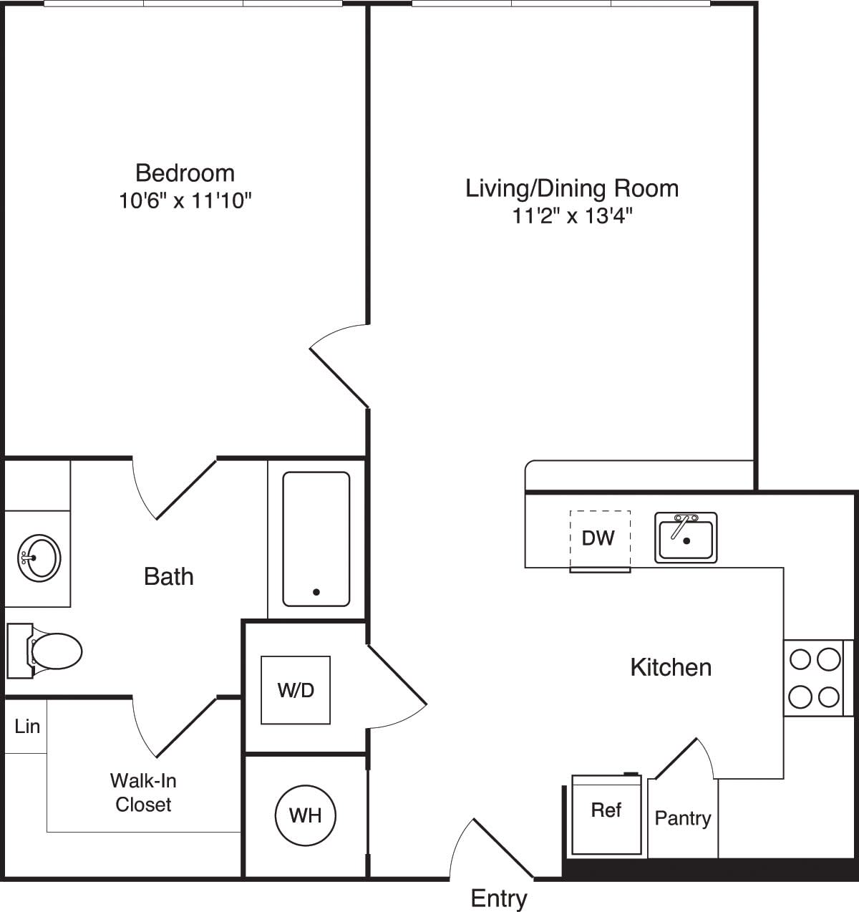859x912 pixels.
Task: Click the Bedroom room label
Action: pos(185,173)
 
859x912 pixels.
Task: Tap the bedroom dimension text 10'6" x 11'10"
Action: pos(185,200)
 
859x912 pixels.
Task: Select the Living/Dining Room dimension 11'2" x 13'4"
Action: pos(572,215)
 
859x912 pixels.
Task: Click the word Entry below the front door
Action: pos(499,898)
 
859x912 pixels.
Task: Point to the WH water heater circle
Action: pos(306,815)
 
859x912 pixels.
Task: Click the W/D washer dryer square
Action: pos(296,690)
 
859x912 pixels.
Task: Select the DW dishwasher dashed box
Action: pos(599,539)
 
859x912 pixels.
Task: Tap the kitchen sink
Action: pos(686,538)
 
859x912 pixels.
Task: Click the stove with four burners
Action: pos(815,677)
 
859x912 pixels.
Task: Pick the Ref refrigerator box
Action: pos(606,814)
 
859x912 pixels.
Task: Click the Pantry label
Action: pos(683,818)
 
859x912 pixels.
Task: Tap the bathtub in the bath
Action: pos(316,538)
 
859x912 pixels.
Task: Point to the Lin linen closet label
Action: pos(26,727)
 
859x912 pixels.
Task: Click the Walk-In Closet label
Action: pos(143,792)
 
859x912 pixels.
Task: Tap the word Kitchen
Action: pos(671,667)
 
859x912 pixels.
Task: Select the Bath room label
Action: pos(169,576)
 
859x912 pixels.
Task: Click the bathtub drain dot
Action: pos(316,592)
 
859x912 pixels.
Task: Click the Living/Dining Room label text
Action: pos(572,188)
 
